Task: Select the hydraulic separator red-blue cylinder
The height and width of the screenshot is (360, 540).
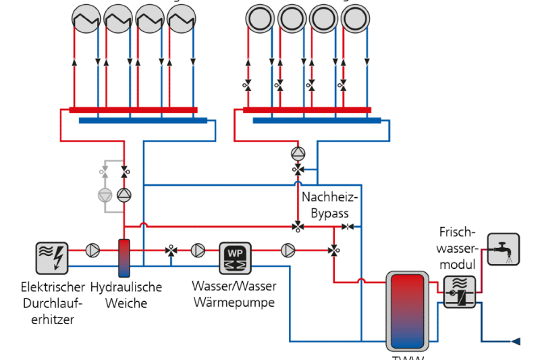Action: click(124, 258)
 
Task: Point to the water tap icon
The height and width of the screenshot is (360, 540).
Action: click(504, 249)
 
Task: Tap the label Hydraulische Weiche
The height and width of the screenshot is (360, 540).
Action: click(126, 295)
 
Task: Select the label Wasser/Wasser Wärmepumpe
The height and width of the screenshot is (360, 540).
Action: click(234, 294)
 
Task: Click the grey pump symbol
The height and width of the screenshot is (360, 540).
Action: click(105, 195)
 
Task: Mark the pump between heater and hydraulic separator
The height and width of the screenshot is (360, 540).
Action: click(92, 251)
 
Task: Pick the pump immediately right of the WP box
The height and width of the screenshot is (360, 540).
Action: click(288, 251)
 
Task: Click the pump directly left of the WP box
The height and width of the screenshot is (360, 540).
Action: click(198, 251)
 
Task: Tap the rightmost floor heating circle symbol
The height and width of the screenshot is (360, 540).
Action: click(354, 20)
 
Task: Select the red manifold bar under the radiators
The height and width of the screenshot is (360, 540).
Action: click(133, 110)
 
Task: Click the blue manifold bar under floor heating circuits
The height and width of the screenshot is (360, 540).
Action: click(317, 121)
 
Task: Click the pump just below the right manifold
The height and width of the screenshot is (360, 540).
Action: click(298, 153)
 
